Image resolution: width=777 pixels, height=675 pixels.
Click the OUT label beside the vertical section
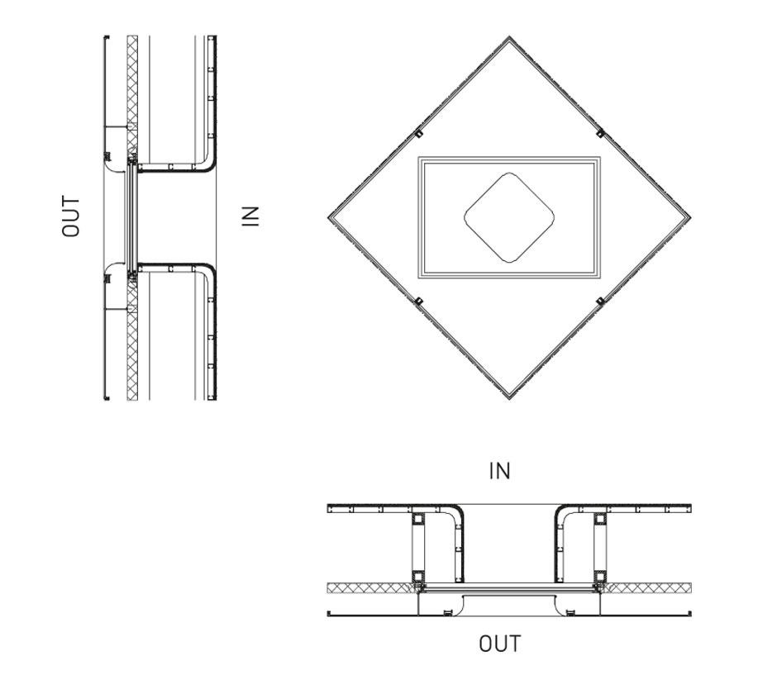[x=70, y=216]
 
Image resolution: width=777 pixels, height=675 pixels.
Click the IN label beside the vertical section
[x=250, y=216]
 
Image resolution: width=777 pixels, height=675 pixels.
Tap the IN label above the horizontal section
[x=499, y=471]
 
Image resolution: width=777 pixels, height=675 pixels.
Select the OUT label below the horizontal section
[x=500, y=644]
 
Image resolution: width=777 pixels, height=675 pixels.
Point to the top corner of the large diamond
[x=509, y=36]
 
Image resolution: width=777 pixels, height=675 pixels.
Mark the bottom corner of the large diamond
[x=509, y=398]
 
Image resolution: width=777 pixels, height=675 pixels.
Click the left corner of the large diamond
[x=328, y=217]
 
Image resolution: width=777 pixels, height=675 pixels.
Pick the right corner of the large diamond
[x=690, y=217]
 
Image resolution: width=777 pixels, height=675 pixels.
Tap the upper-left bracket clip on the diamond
[x=419, y=133]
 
